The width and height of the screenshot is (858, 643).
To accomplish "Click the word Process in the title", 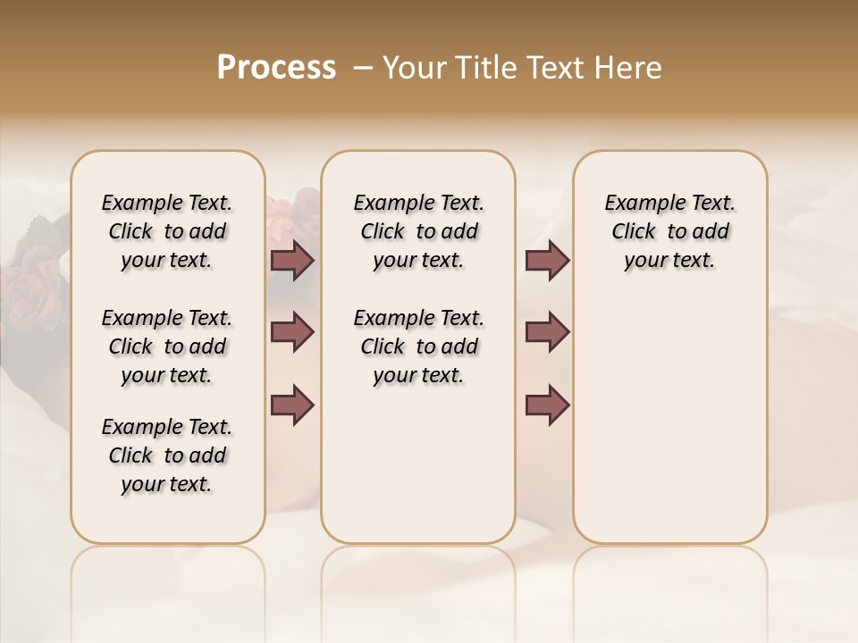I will pos(276,68).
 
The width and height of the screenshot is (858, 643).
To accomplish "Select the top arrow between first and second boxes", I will pos(292,260).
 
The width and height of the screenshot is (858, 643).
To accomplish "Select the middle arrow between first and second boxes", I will pos(292,332).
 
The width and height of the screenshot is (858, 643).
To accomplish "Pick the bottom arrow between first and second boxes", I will pos(292,405).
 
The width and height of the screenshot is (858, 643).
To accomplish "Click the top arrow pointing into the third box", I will pos(547,260).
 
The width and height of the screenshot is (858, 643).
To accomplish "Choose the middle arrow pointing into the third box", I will pos(547,332).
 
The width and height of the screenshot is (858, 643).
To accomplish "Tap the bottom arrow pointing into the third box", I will pos(547,405).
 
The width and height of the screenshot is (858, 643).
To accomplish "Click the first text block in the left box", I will pos(167,231).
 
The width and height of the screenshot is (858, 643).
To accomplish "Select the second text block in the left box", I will pos(167,347).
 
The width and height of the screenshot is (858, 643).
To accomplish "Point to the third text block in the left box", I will pos(167,455).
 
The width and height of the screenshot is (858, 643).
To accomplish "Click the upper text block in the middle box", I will pos(418,231).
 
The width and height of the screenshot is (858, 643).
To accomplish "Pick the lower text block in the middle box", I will pos(418,347).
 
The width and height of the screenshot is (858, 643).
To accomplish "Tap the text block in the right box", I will pos(669,231).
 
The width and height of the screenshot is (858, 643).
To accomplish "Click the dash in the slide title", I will pos(363,68).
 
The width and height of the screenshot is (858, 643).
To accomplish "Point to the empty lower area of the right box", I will pos(669,429).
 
